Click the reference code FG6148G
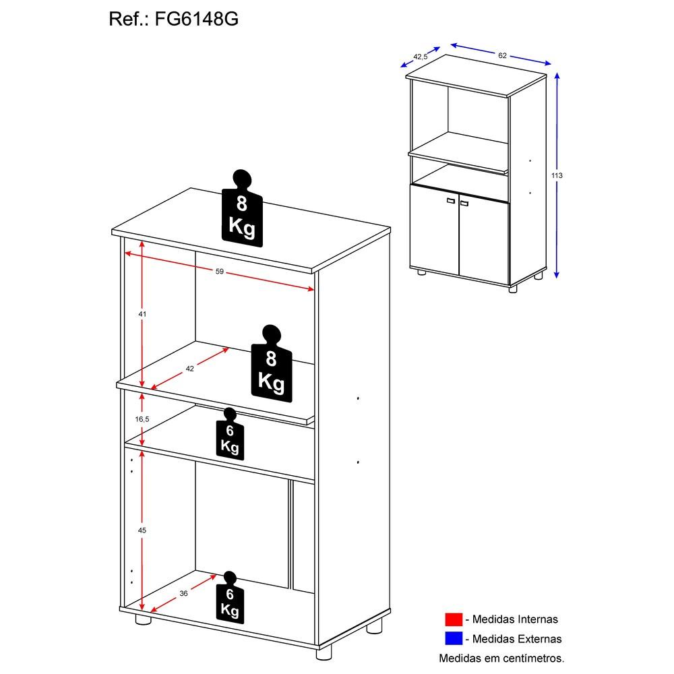[x=196, y=19]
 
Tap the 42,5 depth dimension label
[x=421, y=57]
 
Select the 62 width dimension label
[x=502, y=55]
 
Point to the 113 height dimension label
[x=557, y=175]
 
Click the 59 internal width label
[x=220, y=271]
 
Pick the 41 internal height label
[x=142, y=314]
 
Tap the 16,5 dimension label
[x=142, y=419]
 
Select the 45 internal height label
[x=142, y=530]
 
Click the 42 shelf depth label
[x=189, y=369]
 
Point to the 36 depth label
[x=183, y=594]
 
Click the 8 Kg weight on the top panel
[x=242, y=210]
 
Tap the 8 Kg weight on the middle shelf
[x=272, y=364]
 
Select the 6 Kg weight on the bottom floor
[x=230, y=598]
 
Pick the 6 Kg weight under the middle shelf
[x=230, y=434]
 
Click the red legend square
[x=454, y=619]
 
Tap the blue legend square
[x=454, y=638]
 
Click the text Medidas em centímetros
[x=501, y=658]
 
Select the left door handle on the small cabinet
[x=451, y=200]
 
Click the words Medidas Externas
[x=517, y=639]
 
